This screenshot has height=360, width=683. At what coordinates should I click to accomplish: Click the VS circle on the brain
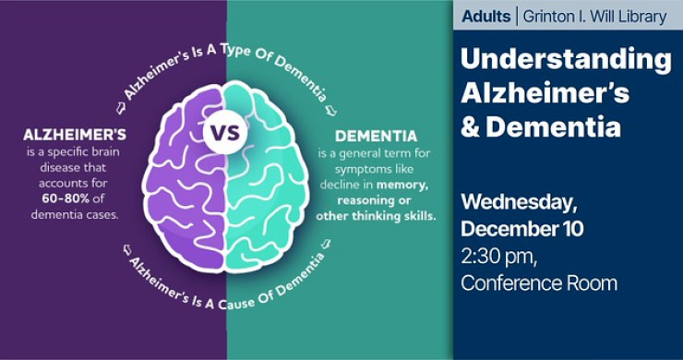coord(225,132)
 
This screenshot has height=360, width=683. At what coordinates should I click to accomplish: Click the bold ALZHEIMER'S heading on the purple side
coord(76,135)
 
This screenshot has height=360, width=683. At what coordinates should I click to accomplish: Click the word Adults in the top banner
coord(485,16)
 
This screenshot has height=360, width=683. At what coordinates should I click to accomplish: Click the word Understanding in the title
coord(565,61)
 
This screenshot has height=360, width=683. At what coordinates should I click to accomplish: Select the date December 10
coord(521,228)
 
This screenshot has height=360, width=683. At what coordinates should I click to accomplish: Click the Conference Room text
coord(538,282)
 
